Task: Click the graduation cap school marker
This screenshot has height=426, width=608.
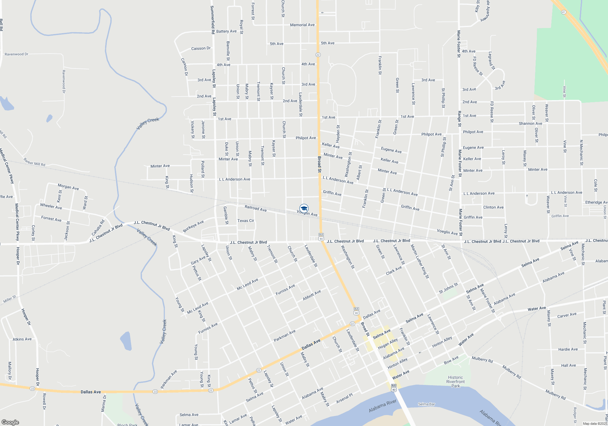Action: click(304, 208)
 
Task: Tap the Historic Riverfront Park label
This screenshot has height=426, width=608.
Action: click(455, 382)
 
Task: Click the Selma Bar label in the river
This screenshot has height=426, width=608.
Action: click(426, 404)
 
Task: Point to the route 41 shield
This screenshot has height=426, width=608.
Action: click(564, 12)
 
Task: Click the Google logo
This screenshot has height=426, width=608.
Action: click(10, 422)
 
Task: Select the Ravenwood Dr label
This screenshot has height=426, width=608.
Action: click(16, 54)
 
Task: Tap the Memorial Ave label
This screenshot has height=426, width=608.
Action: click(302, 25)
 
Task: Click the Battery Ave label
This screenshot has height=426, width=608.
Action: click(226, 31)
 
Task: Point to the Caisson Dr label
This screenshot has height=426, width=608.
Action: click(201, 48)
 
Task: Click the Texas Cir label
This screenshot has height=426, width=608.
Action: click(246, 221)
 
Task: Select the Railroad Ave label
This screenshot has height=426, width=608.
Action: click(256, 208)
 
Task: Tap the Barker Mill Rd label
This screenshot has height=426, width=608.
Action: click(34, 162)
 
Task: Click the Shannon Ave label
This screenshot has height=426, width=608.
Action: click(530, 124)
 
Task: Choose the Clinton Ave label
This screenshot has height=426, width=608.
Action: click(493, 207)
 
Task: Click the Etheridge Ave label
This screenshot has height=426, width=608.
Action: click(596, 202)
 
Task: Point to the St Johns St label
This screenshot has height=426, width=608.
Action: click(448, 288)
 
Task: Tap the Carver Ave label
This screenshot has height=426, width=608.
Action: click(567, 315)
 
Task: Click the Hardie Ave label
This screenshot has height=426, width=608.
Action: click(568, 349)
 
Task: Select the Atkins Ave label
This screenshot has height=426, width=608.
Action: click(22, 339)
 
